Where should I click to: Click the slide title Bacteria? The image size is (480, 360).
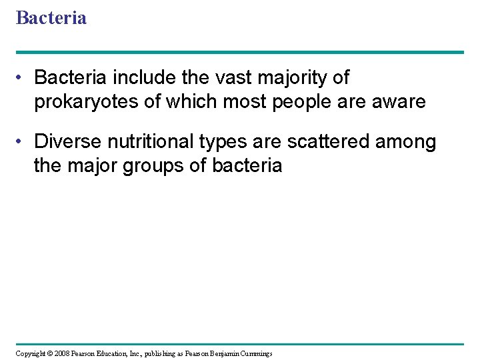(51, 17)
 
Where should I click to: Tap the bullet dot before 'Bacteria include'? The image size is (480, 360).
(21, 79)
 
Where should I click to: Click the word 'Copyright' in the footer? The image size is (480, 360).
(31, 353)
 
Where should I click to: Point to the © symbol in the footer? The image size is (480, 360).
(51, 353)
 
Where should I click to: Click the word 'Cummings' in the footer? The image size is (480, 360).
(257, 353)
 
